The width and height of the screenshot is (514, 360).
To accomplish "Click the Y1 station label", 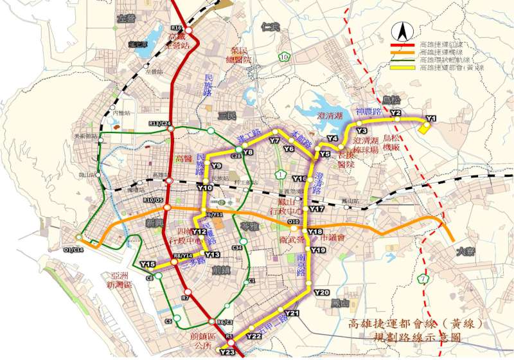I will point(430,118).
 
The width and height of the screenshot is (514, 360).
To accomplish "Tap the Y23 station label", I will point(227,352).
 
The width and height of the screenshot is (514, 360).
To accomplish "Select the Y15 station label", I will point(147,264).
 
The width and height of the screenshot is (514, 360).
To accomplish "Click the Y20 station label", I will point(322,292).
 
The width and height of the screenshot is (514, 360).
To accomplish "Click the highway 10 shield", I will point(283,57).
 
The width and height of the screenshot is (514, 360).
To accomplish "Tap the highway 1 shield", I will point(281,174).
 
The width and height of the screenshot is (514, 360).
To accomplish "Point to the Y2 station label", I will point(396,113).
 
